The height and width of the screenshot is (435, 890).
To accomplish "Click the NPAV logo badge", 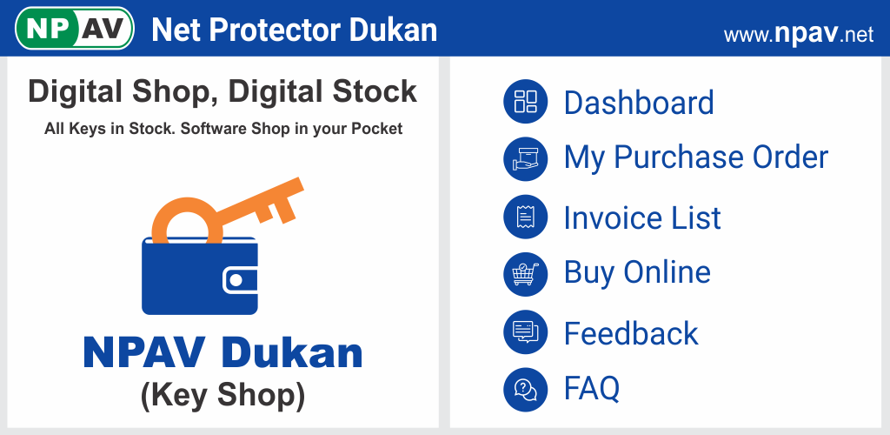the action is [x=75, y=29].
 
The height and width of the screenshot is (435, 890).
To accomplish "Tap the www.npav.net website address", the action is [x=799, y=35].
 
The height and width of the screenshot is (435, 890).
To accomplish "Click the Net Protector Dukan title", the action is [x=294, y=30].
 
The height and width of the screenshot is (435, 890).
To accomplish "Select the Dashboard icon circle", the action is [x=525, y=101].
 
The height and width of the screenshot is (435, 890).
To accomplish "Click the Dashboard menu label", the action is [x=639, y=103].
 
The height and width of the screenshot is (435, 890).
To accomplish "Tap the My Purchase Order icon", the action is [x=525, y=159].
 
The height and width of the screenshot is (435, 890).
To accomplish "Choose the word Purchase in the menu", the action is [x=679, y=157].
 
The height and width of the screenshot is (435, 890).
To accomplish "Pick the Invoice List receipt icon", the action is [x=525, y=217].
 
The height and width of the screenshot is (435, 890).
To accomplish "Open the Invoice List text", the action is [x=642, y=217].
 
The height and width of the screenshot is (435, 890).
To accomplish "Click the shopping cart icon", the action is [x=525, y=274].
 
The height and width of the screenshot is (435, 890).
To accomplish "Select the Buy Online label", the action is [x=637, y=272].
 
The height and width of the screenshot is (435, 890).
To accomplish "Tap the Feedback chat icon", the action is [x=525, y=331].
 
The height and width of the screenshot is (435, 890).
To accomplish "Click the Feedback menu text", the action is [x=631, y=333].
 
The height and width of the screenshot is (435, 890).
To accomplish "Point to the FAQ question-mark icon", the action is [x=525, y=389].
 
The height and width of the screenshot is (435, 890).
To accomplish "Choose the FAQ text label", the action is [x=591, y=388].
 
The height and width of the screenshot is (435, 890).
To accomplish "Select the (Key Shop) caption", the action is [x=222, y=395].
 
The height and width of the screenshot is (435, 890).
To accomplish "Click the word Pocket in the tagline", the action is [x=377, y=129].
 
